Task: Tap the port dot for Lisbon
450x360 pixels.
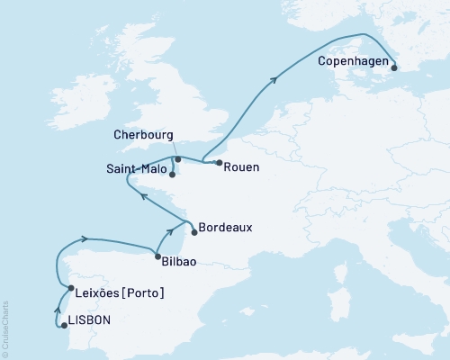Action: (63, 325)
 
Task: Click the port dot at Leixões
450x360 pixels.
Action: (70, 288)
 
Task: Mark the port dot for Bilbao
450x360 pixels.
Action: (157, 256)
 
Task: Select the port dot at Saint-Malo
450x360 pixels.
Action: (172, 175)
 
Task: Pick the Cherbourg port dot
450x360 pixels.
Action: (177, 159)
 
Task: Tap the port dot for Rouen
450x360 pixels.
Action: (219, 162)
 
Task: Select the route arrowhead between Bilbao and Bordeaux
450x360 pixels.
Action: (168, 236)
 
